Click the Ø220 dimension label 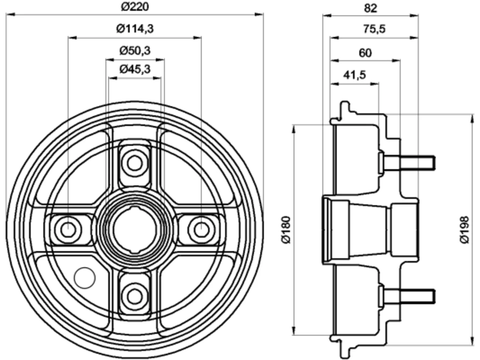[x=135, y=7]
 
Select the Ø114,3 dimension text [x=135, y=28]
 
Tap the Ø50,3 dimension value [x=135, y=51]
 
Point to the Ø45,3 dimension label [x=135, y=69]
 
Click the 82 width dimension [x=370, y=8]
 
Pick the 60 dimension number [x=365, y=53]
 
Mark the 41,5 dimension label [x=354, y=75]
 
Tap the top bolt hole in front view [x=135, y=163]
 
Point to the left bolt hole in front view [x=68, y=230]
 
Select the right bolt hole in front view [x=201, y=230]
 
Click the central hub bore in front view [x=135, y=230]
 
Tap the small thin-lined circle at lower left [x=85, y=278]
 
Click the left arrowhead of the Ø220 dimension [x=10, y=15]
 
